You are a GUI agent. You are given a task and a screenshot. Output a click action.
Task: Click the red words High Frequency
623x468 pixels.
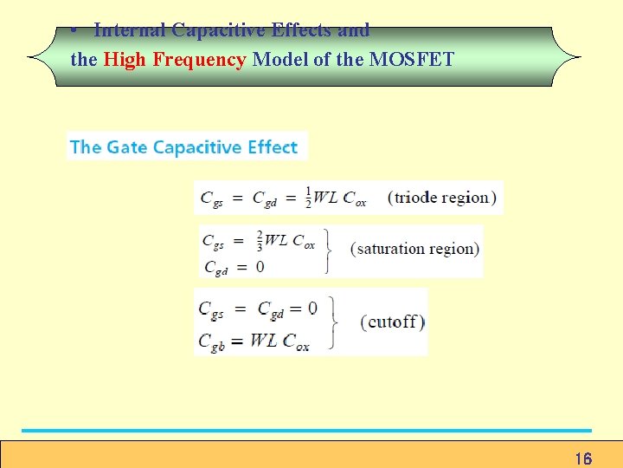[175, 60]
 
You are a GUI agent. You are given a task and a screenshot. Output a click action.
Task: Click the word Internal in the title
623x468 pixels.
[130, 30]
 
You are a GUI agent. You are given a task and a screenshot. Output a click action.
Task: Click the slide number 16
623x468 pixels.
[582, 458]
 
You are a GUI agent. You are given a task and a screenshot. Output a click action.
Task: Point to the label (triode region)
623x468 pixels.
[441, 198]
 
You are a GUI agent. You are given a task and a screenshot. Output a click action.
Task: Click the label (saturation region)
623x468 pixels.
[414, 249]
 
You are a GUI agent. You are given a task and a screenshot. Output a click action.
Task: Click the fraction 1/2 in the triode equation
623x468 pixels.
[307, 197]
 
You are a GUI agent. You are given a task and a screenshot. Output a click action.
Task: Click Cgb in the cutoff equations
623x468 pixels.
[213, 341]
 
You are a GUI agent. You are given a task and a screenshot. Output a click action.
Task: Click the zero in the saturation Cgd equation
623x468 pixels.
[260, 267]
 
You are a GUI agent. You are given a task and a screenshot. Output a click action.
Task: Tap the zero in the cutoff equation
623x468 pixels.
[311, 308]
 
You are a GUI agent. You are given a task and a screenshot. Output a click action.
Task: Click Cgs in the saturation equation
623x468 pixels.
[213, 242]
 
